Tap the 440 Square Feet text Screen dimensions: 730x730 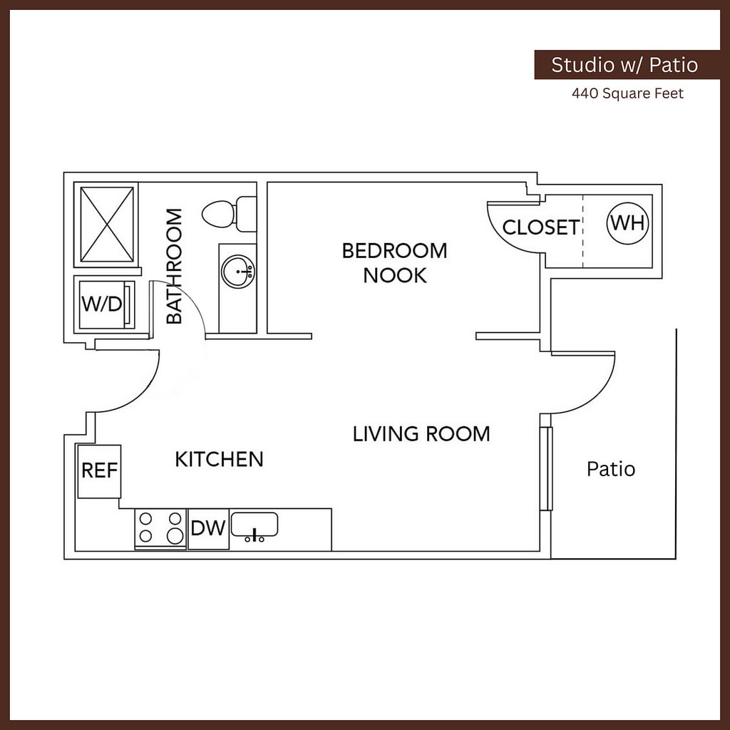[627, 93]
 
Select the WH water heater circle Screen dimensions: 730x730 [628, 222]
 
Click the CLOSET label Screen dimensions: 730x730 [540, 227]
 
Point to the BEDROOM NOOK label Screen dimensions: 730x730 [394, 262]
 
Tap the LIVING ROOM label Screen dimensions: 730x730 [421, 433]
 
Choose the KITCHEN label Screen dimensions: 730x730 [219, 459]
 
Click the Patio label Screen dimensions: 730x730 [610, 469]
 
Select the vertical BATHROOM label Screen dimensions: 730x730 [175, 266]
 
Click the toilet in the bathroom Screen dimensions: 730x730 [228, 213]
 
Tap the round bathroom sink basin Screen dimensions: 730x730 [237, 272]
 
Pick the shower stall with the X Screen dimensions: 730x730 [107, 225]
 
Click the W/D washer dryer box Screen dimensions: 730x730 [104, 304]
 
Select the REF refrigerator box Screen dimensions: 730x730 [99, 471]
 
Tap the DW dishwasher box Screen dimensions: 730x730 [208, 528]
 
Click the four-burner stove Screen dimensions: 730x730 [160, 528]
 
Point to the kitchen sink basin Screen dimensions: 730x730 [255, 525]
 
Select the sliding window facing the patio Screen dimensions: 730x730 [546, 468]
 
